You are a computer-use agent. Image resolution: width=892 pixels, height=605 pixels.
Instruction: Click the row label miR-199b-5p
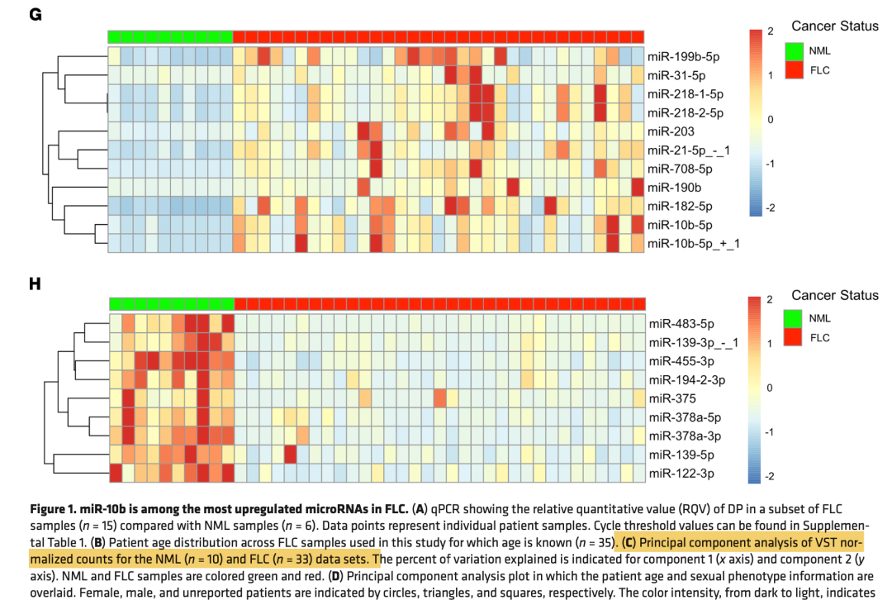pos(684,57)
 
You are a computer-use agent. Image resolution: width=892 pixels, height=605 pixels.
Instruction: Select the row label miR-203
pos(671,131)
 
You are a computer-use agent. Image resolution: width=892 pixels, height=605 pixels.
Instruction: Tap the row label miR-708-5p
pos(680,169)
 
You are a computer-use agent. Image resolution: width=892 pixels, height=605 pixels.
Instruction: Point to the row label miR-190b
pos(674,188)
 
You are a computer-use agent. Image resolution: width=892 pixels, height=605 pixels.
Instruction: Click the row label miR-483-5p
pos(681,324)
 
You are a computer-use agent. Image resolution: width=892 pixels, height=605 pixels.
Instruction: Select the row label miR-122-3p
pos(681,473)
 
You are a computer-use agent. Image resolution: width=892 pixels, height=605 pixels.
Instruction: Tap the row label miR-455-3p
pos(681,361)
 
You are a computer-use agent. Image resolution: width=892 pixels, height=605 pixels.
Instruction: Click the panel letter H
pos(36,283)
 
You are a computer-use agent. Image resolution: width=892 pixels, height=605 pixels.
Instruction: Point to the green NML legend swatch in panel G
pos(795,51)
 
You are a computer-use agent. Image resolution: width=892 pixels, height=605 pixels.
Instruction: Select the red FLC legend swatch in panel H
pos(795,338)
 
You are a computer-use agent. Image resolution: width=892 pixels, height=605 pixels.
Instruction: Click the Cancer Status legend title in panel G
pos(834,26)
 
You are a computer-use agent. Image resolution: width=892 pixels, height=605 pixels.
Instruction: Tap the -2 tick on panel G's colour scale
pos(770,208)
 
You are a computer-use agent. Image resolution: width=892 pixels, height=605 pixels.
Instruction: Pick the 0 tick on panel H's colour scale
pos(770,388)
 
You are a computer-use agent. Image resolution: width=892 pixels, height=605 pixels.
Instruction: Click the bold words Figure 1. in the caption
pos(55,507)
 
